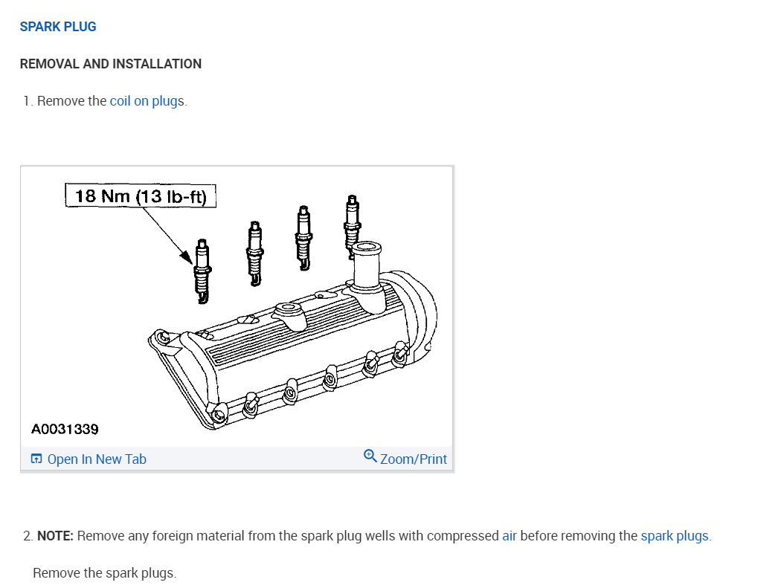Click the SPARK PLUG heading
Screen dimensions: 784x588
58,27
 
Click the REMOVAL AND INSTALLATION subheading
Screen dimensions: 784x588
111,64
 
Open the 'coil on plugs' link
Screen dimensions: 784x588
147,101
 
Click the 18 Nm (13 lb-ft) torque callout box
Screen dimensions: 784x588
141,196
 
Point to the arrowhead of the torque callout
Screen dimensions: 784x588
187,257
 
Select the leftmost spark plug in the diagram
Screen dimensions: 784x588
202,271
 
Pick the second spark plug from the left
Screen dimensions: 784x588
254,253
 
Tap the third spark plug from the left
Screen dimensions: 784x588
303,238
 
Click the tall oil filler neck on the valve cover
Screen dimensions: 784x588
367,268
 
